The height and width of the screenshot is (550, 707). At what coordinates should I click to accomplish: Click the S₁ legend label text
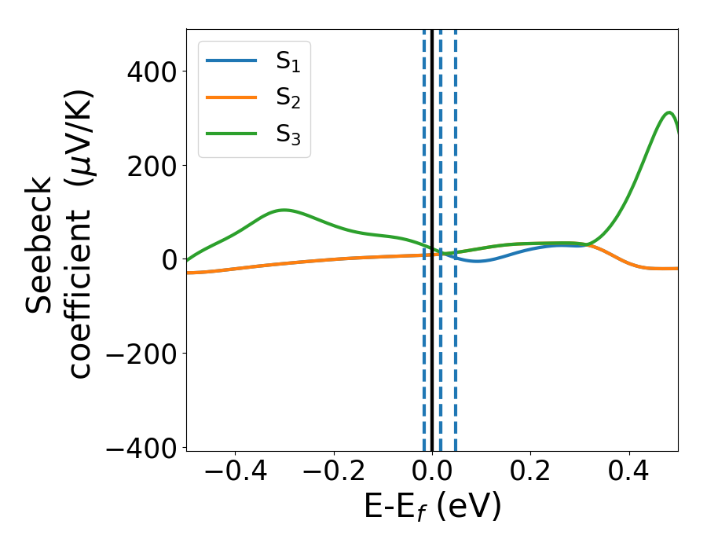(288, 64)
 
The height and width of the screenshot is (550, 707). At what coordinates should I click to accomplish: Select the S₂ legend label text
(288, 99)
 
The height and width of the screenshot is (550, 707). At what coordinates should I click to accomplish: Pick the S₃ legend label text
(288, 134)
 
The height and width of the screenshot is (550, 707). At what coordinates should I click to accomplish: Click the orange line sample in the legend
(231, 97)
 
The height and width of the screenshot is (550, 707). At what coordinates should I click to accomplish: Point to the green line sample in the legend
(231, 133)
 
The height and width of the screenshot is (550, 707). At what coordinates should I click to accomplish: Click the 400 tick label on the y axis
(153, 72)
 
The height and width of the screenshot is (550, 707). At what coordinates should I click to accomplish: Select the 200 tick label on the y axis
(153, 166)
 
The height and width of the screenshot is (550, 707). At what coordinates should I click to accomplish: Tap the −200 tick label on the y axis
(142, 354)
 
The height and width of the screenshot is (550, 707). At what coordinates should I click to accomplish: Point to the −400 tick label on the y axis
(142, 448)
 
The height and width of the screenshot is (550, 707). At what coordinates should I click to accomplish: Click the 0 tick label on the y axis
(169, 260)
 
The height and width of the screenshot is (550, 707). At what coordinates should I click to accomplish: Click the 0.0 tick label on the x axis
(432, 475)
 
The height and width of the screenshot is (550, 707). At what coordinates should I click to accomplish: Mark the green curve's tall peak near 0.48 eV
(669, 112)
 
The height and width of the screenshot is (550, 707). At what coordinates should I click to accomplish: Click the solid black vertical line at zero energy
(432, 354)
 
